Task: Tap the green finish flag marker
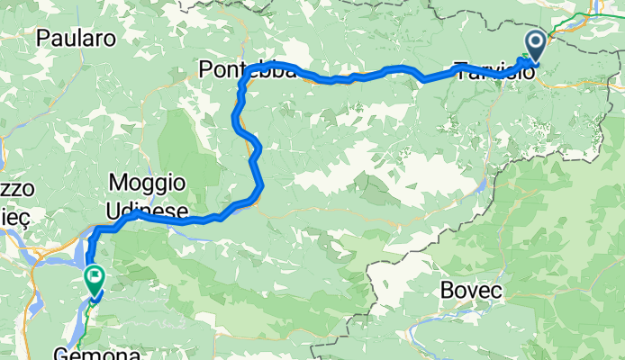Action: [x=94, y=278]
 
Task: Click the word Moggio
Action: [x=147, y=183]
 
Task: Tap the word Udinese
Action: [x=148, y=211]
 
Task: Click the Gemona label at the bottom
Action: [x=85, y=353]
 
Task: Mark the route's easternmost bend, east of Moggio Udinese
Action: [x=260, y=187]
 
